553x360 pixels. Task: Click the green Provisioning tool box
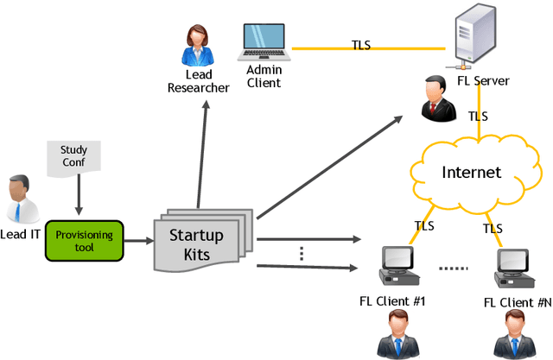(85, 235)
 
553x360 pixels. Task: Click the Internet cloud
(471, 172)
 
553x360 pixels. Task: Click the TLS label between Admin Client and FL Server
(361, 44)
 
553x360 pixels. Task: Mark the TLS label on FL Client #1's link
(423, 227)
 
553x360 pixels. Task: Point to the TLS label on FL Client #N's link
(493, 229)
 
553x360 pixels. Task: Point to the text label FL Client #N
(517, 301)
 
